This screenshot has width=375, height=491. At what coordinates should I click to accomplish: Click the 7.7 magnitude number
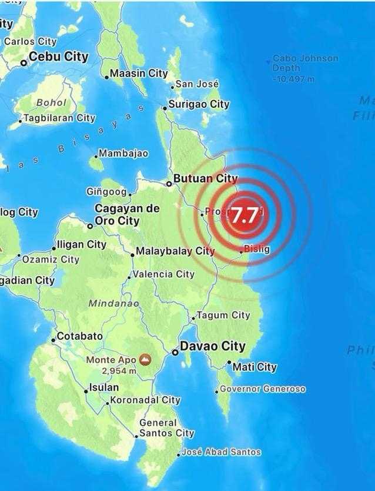click(x=244, y=215)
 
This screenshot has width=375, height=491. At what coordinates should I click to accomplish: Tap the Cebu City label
click(x=58, y=57)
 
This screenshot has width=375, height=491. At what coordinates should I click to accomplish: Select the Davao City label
click(x=212, y=347)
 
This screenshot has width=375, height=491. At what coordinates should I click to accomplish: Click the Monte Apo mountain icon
click(x=144, y=359)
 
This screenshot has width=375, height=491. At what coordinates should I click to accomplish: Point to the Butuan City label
click(x=205, y=178)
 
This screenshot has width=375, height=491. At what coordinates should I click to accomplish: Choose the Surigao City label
click(x=199, y=104)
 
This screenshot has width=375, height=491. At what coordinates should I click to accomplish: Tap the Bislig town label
click(x=257, y=249)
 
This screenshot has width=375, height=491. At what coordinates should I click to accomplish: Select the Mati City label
click(x=255, y=367)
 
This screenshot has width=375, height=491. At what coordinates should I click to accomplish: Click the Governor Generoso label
click(x=262, y=389)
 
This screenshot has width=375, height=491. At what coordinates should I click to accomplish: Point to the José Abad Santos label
click(x=220, y=452)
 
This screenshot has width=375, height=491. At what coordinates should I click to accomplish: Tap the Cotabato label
click(x=79, y=336)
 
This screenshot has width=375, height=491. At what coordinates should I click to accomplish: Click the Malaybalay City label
click(x=175, y=251)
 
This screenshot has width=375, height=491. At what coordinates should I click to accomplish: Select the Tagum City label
click(x=223, y=316)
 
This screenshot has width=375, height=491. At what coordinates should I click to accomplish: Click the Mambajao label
click(x=123, y=154)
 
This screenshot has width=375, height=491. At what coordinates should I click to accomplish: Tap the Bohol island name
click(x=51, y=102)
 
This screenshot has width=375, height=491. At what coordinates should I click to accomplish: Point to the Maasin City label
click(x=139, y=74)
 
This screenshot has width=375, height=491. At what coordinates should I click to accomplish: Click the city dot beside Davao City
click(x=175, y=352)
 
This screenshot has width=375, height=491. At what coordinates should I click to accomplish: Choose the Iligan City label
click(x=81, y=244)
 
